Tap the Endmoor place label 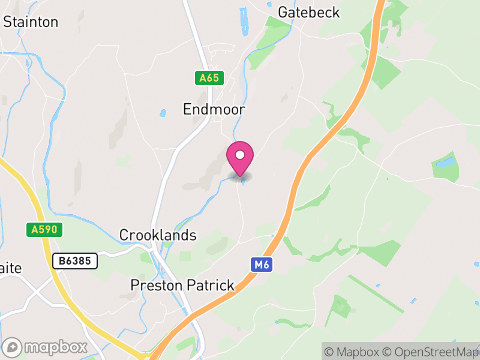point(214,109)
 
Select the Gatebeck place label point(309,12)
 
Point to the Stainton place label point(31,22)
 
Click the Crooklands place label point(158,235)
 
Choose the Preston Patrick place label point(182,285)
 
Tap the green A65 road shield point(209,78)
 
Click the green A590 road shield point(44,229)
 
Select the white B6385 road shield point(75,261)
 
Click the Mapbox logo point(46,347)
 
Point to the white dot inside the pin point(240,155)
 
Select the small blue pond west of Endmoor point(163,113)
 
